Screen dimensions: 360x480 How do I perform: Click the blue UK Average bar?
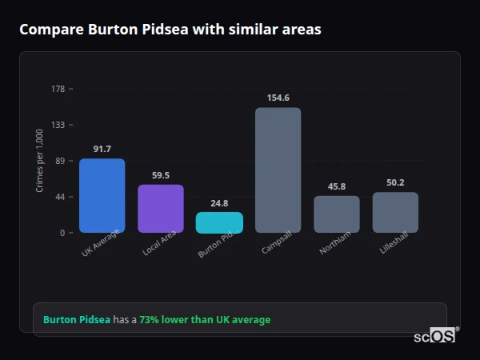tap(102, 195)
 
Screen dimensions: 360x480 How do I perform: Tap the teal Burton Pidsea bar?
tap(219, 222)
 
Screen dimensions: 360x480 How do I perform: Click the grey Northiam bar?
tap(337, 214)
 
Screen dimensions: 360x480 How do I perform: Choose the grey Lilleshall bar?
tap(395, 212)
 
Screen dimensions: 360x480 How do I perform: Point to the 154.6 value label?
tap(278, 98)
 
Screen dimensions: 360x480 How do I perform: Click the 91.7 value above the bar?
tap(102, 149)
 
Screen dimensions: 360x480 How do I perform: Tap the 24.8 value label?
tap(219, 203)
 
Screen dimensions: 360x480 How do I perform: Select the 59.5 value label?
tap(161, 175)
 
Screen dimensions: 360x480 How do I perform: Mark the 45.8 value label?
tap(337, 186)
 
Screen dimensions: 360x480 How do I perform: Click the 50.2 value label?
tap(395, 182)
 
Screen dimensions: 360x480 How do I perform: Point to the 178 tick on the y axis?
tap(58, 89)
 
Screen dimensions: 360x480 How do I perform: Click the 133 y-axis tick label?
tap(58, 125)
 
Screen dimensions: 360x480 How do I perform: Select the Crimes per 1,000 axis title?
tap(40, 161)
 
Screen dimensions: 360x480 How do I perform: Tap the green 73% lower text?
tap(205, 320)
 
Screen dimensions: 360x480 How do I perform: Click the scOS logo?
tap(434, 336)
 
